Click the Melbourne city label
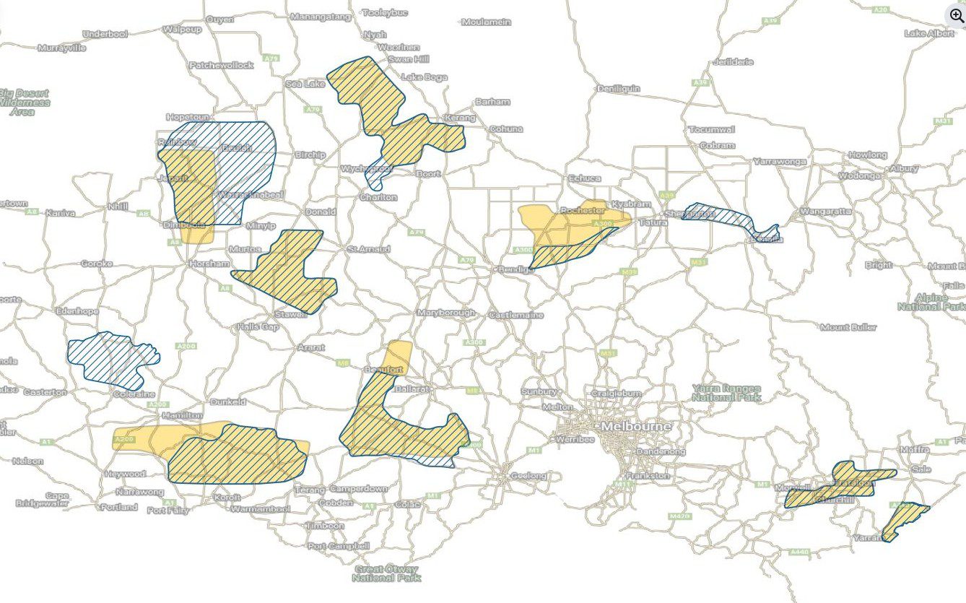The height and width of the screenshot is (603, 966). tap(636, 427)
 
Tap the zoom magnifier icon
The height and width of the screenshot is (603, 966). tap(956, 14)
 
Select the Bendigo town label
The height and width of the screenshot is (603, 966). tap(513, 269)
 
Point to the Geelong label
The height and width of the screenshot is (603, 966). tap(528, 476)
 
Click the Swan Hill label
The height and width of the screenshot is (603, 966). tap(408, 58)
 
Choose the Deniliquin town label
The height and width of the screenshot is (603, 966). tap(619, 89)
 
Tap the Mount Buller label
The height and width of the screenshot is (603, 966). tap(848, 327)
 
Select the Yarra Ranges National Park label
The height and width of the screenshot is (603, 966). tap(726, 393)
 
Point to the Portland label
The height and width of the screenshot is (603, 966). tap(119, 507)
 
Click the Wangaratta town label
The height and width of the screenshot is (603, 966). tap(825, 212)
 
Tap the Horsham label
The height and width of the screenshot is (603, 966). tap(209, 264)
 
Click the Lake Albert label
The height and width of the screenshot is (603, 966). tap(928, 33)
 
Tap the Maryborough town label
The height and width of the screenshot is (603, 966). tap(446, 313)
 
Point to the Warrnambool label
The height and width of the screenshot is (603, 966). tap(260, 509)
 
